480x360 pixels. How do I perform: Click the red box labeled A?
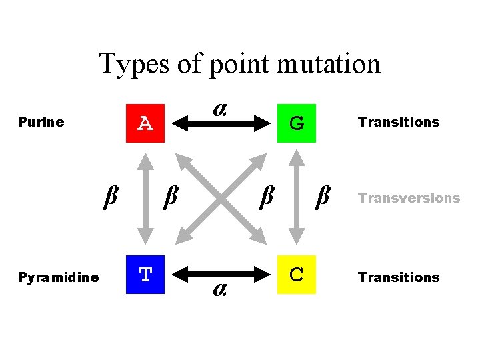(146, 122)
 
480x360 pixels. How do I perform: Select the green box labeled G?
(297, 123)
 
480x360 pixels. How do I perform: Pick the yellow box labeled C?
(297, 275)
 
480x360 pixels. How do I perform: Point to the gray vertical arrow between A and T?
(145, 198)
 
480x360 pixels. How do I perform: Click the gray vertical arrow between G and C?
(297, 198)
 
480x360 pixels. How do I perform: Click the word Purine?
(41, 122)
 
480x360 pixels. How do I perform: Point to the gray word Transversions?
(409, 198)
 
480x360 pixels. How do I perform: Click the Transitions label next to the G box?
(399, 122)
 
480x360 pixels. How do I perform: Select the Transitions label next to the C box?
(399, 277)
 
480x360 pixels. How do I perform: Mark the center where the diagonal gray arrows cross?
(221, 198)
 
